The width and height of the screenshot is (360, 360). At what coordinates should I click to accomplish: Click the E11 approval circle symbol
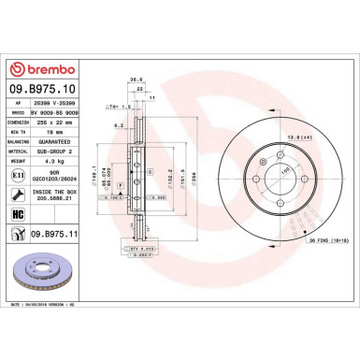pos(19,172)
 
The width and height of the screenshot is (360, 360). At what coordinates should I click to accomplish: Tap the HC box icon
pos(19,214)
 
